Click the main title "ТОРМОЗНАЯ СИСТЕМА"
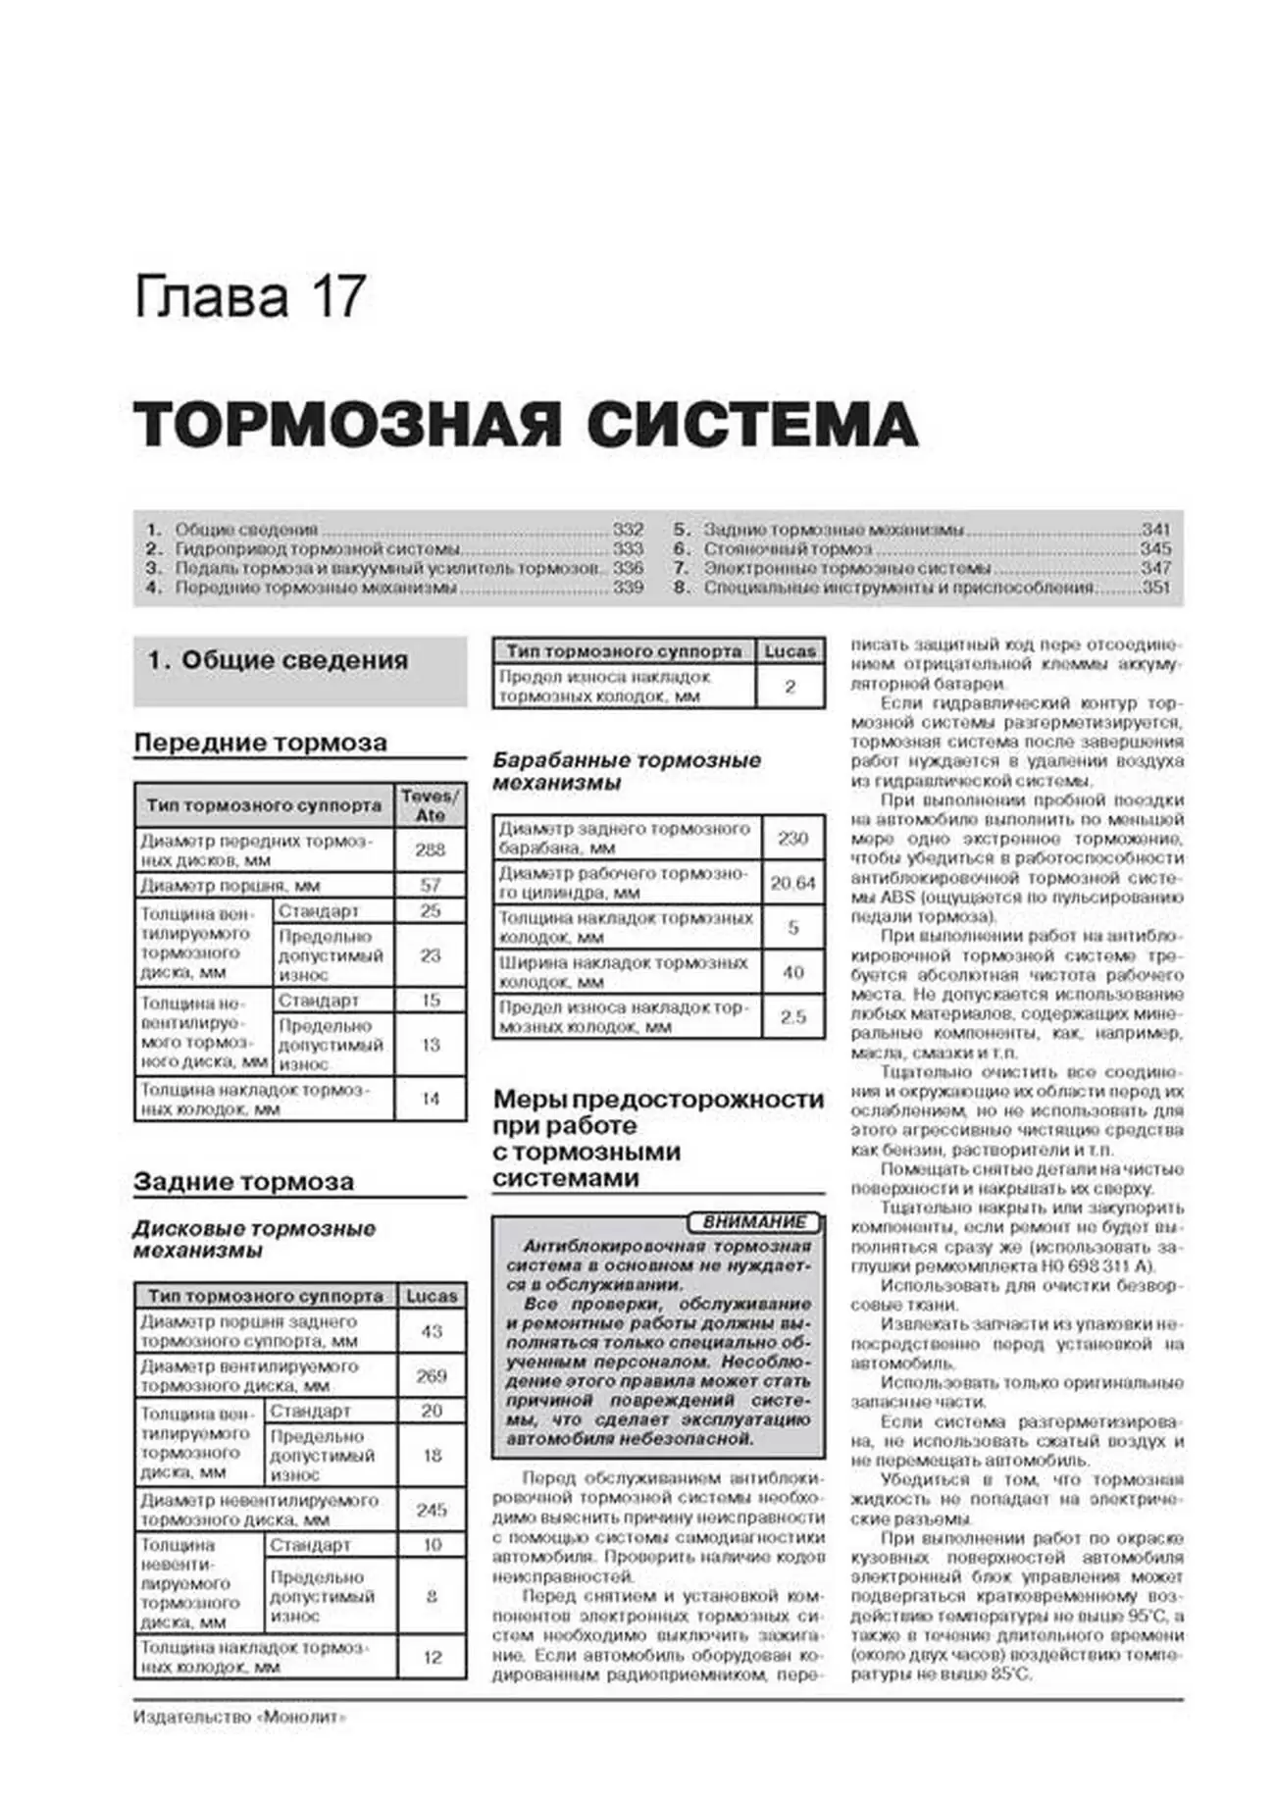point(526,426)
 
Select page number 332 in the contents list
point(628,530)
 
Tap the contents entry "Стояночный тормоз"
point(787,549)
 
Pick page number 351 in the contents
point(1156,588)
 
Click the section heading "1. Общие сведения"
point(278,661)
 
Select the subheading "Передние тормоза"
point(260,743)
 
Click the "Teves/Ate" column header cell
point(430,805)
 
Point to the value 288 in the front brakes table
point(430,850)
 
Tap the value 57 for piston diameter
point(430,885)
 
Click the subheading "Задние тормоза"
point(243,1182)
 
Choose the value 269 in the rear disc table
point(432,1376)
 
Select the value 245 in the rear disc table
point(432,1510)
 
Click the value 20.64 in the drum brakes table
point(792,883)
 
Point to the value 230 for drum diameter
point(792,839)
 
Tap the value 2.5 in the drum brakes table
point(792,1017)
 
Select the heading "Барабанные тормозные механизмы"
point(626,772)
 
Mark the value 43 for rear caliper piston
point(432,1331)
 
